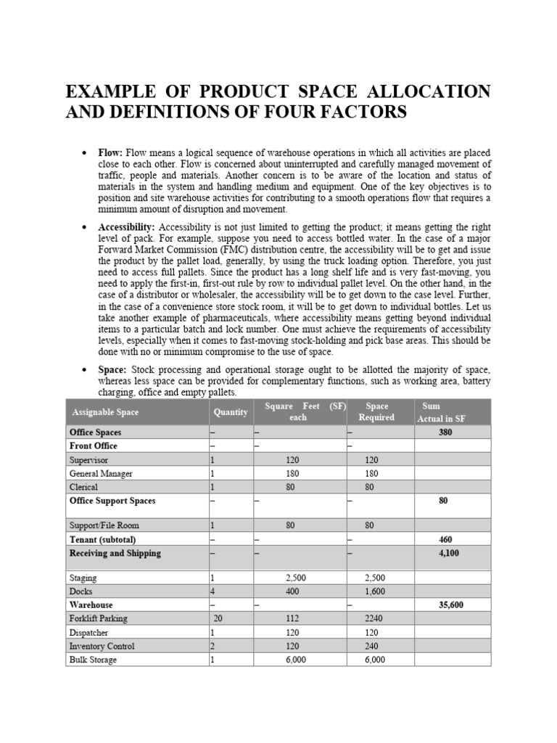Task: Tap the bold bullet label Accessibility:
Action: (x=126, y=228)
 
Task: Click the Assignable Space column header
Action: (x=105, y=412)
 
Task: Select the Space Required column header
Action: (x=376, y=412)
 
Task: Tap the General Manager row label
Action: (x=101, y=474)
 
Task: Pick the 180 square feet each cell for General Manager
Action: (x=290, y=474)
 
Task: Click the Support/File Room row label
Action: (x=104, y=525)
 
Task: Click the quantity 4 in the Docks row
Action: (x=213, y=591)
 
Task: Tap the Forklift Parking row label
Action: (x=98, y=619)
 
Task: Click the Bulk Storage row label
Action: (x=93, y=660)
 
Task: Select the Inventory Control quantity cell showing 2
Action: (x=213, y=646)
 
